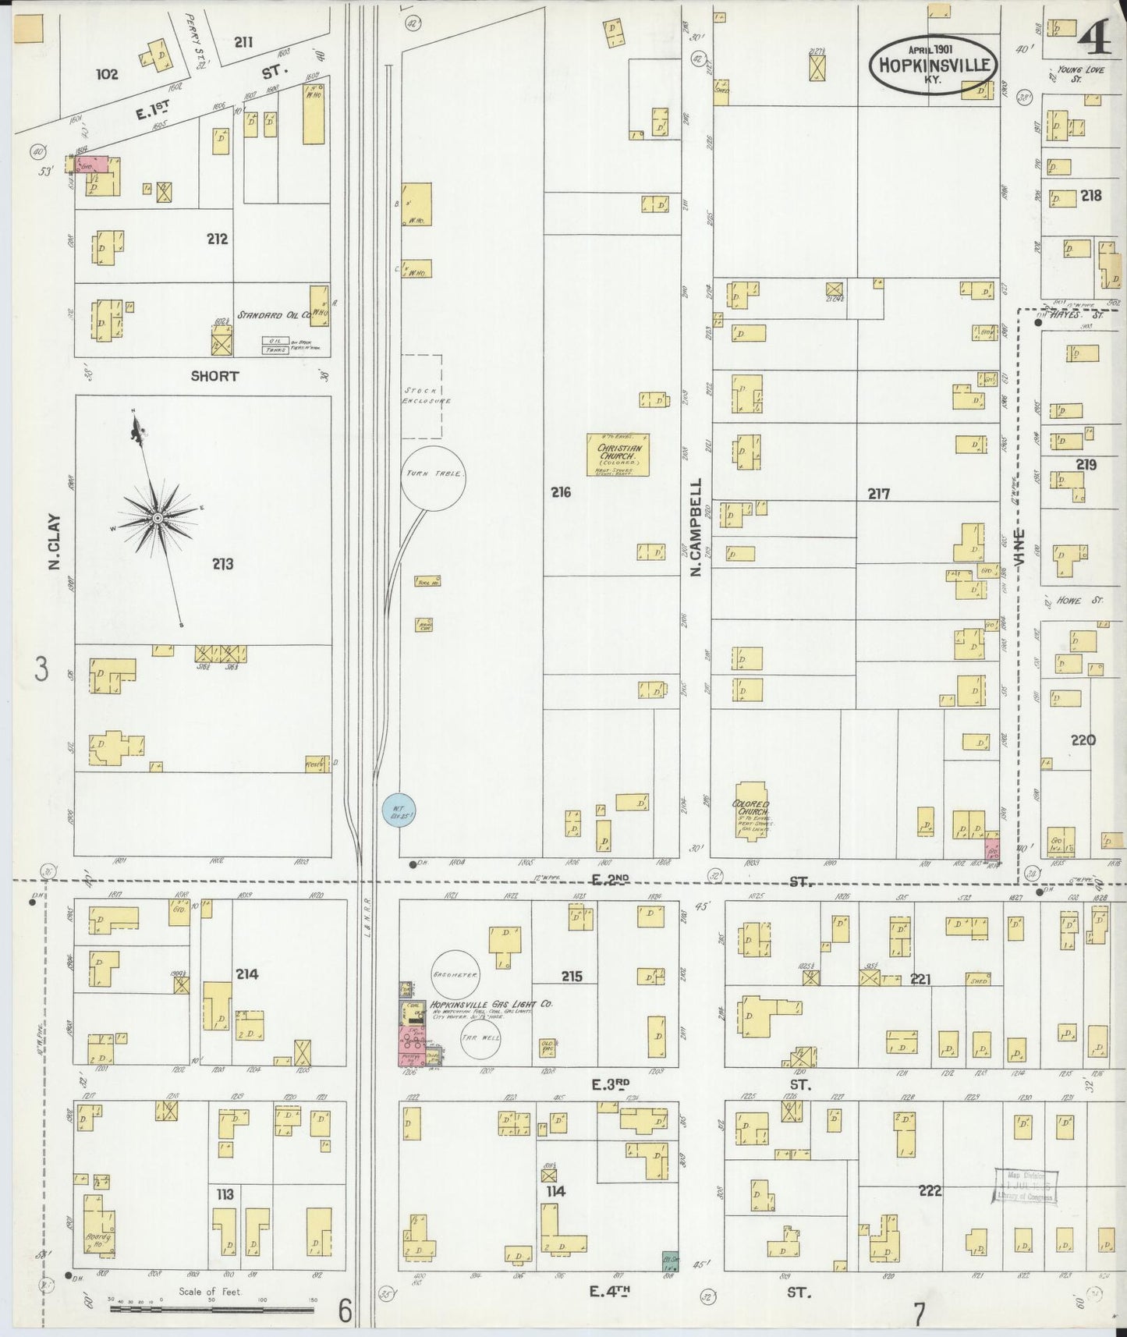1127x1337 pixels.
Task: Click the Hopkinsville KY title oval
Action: (934, 66)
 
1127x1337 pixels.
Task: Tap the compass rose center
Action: (158, 518)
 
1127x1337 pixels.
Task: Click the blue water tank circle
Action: (399, 810)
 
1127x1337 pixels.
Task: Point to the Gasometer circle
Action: (455, 974)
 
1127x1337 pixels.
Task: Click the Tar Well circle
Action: (480, 1039)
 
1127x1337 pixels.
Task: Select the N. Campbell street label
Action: (696, 528)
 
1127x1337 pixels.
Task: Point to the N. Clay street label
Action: (55, 541)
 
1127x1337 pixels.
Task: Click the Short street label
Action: (214, 376)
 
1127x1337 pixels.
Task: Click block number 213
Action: (222, 564)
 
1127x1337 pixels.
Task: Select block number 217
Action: (878, 494)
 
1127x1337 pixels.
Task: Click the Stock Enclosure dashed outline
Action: (422, 396)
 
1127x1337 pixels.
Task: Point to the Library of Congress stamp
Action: (1025, 1186)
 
